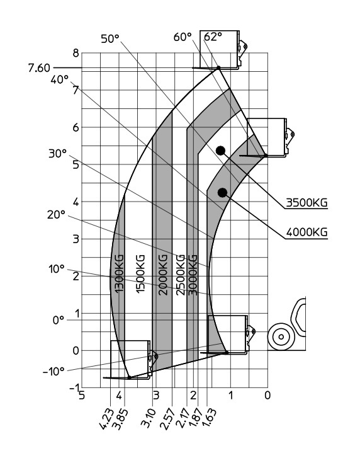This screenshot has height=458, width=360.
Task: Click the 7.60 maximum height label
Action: click(39, 68)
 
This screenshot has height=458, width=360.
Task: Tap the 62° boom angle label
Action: click(213, 37)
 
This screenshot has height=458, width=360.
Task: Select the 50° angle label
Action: click(110, 38)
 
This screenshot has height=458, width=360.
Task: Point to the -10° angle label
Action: click(53, 372)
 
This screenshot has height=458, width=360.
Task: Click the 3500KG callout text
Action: click(307, 202)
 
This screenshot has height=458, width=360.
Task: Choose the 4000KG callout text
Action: click(307, 232)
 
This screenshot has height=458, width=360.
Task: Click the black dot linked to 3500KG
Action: click(220, 151)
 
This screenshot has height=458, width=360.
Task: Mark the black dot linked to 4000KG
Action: click(222, 193)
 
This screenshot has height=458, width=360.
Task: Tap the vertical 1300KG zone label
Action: click(120, 273)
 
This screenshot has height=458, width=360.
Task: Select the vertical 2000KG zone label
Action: click(164, 275)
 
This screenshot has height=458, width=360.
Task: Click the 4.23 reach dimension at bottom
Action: click(106, 419)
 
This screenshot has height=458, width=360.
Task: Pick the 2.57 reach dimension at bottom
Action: click(167, 420)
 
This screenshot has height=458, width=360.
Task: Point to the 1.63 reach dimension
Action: click(209, 418)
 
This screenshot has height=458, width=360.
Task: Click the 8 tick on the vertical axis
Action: click(76, 53)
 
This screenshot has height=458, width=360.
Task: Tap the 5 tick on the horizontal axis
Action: click(82, 395)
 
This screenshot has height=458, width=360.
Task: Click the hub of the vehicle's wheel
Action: click(281, 337)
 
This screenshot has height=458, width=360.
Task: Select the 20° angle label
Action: click(56, 215)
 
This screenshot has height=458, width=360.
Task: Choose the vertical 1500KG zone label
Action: click(140, 273)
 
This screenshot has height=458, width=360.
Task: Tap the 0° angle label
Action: click(59, 321)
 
